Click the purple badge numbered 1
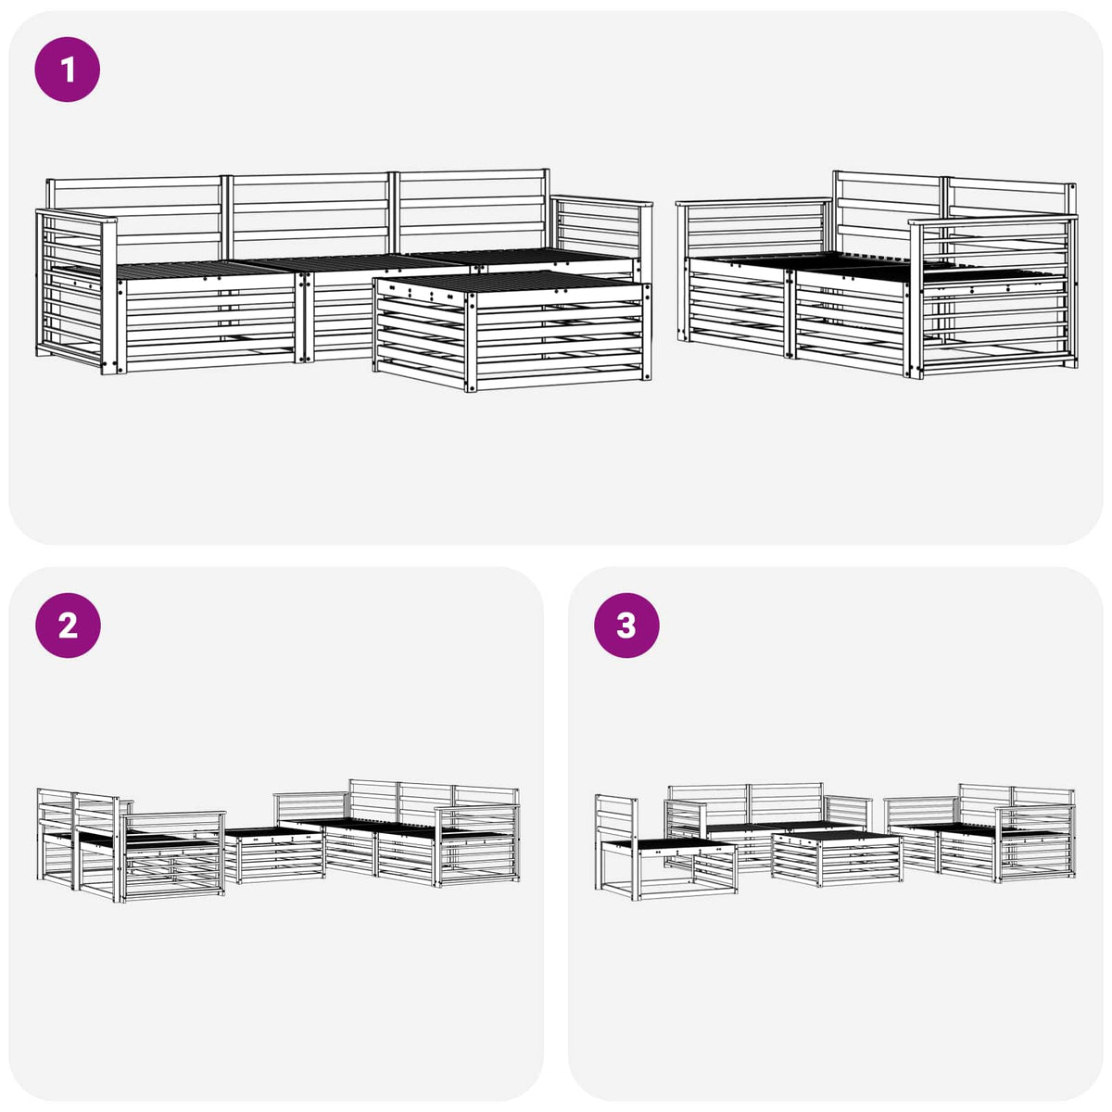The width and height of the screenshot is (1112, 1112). coord(68,69)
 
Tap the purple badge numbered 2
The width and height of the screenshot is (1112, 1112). coord(68,625)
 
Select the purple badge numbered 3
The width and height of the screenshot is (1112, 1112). coord(626,625)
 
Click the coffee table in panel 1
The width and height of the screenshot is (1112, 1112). coord(512,331)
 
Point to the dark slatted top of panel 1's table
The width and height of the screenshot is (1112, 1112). coord(511,282)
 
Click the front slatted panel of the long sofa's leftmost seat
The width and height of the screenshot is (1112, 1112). coord(208,322)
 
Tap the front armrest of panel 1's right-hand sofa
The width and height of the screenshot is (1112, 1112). coord(993,296)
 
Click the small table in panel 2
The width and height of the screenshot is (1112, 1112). coord(273,855)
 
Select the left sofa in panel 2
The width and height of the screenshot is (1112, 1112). coord(131,844)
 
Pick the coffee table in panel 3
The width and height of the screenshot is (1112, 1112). coord(837,857)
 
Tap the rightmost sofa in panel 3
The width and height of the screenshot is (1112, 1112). coord(979,833)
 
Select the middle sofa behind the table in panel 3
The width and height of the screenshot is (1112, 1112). coord(767,826)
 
